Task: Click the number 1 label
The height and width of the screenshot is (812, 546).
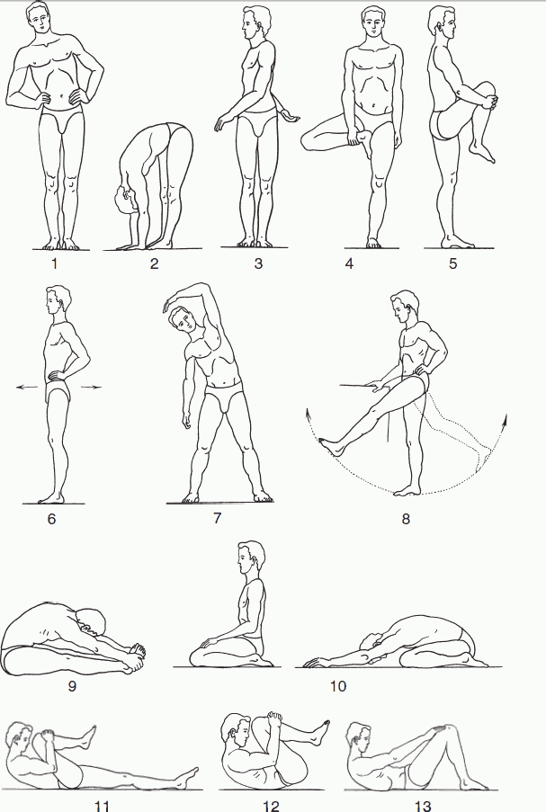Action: (54, 264)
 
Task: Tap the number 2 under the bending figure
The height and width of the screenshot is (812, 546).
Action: (155, 264)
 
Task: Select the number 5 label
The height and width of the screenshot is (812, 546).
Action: (452, 264)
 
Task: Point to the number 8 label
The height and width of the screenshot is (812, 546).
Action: (406, 519)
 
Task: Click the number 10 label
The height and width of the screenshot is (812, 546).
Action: (337, 687)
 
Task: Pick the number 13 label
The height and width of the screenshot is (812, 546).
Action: (423, 806)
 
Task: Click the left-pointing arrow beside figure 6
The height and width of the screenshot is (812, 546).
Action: (29, 387)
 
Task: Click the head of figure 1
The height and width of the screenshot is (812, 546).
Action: (40, 19)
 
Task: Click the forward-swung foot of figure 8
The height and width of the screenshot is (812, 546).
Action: (333, 445)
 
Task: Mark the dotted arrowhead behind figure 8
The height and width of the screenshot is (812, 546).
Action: (504, 419)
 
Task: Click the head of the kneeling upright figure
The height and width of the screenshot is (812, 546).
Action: (251, 558)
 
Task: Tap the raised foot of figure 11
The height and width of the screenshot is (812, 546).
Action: (89, 736)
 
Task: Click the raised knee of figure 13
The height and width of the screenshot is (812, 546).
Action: (449, 731)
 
